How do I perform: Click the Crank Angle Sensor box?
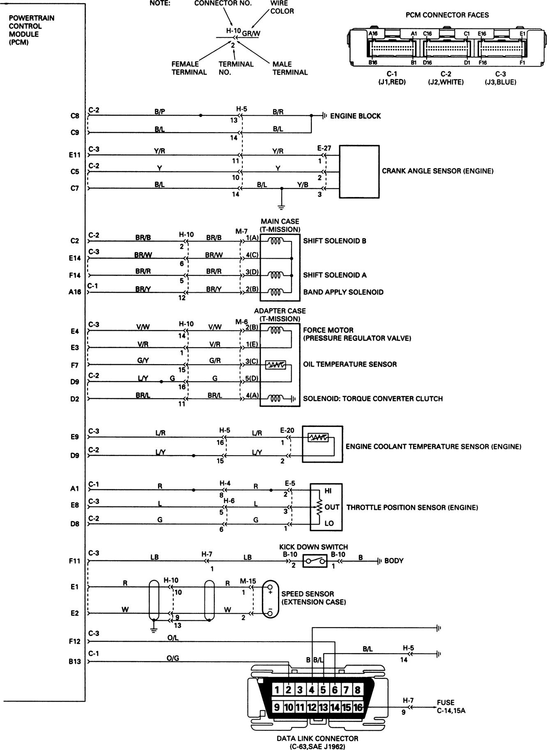pos(359,171)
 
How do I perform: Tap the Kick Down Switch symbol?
pos(315,561)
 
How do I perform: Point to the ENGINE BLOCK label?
pos(355,116)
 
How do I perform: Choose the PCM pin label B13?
pos(75,661)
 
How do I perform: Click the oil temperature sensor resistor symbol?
pos(276,365)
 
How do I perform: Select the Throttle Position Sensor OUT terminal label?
pos(332,507)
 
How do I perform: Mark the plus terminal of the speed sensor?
pos(270,592)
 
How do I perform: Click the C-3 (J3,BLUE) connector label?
pos(500,78)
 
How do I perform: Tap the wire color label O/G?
pos(173,658)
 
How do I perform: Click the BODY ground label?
pos(394,561)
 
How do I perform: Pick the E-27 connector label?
pos(324,148)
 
